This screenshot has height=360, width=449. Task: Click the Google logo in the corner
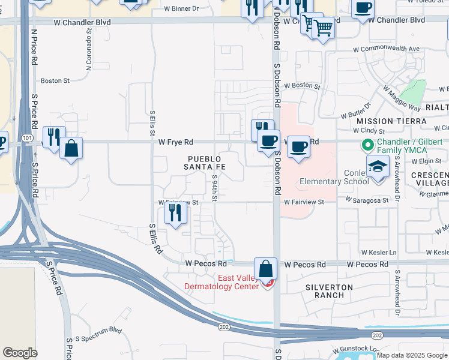[x=20, y=353]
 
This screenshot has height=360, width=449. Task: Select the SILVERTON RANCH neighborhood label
[x=328, y=291]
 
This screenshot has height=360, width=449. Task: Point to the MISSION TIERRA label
[x=391, y=121]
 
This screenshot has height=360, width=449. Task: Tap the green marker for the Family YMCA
[x=364, y=145]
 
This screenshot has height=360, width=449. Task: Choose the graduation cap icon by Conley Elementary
[x=378, y=166]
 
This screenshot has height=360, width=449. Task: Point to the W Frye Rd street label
[x=176, y=142]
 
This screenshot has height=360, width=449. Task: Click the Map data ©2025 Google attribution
[x=411, y=355]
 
